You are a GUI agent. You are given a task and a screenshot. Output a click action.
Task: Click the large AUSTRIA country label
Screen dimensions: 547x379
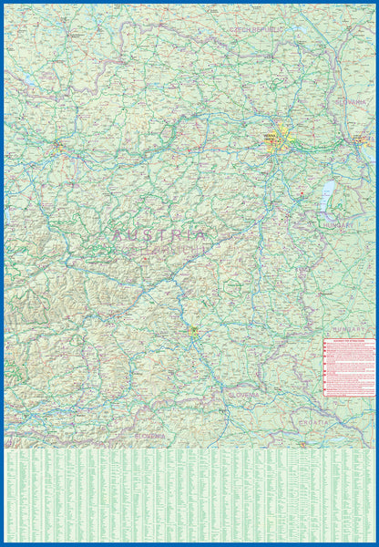pyautogui.click(x=161, y=234)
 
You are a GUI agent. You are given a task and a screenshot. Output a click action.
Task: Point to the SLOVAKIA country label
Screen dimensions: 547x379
pyautogui.click(x=351, y=101)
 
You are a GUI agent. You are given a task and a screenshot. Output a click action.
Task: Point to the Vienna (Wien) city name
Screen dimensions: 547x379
pyautogui.click(x=270, y=136)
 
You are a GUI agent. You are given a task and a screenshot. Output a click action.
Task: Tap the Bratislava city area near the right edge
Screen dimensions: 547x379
pyautogui.click(x=361, y=139)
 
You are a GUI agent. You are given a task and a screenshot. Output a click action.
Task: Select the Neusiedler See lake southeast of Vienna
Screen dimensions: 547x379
pyautogui.click(x=325, y=193)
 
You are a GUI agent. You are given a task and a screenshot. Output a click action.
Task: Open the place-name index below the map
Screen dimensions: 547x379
pyautogui.click(x=189, y=496)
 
